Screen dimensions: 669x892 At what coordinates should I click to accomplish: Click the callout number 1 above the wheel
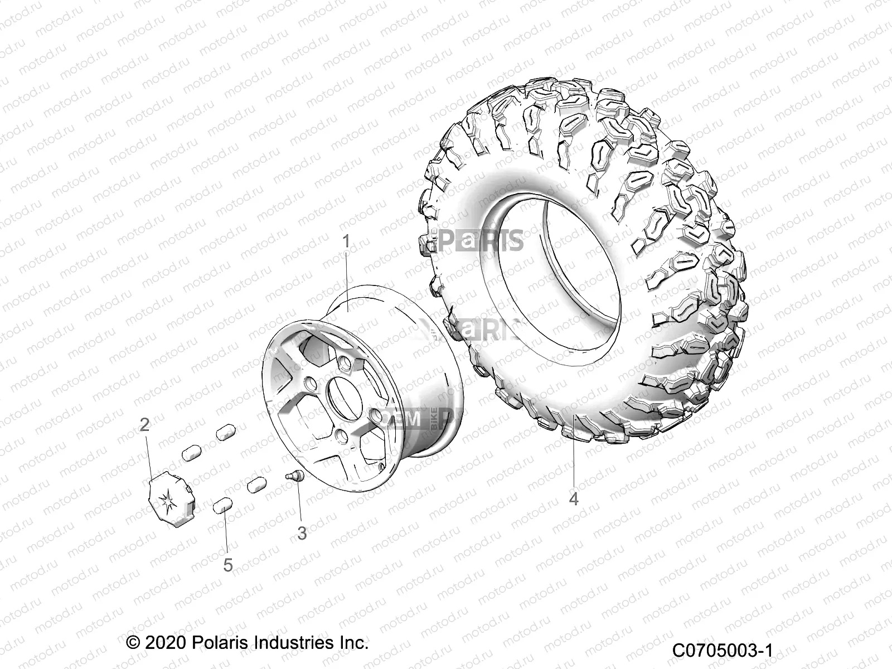[346, 242]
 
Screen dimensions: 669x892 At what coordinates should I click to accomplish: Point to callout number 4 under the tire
[574, 498]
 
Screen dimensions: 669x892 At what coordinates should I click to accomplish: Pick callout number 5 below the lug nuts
[227, 565]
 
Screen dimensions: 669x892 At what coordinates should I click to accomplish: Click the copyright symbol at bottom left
[133, 642]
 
